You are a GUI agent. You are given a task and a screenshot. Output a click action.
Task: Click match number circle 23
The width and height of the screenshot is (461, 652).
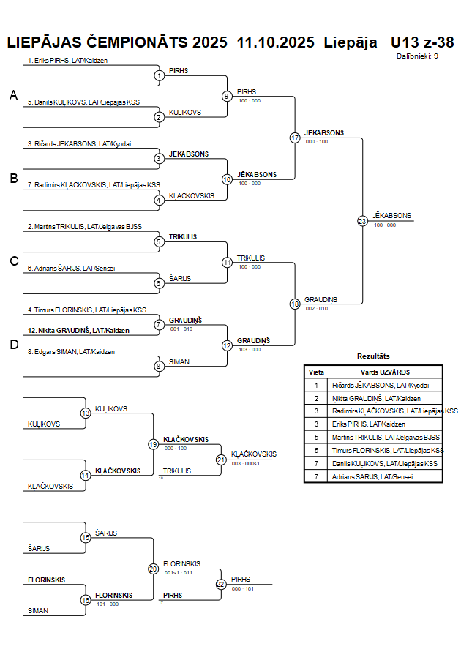click(x=361, y=220)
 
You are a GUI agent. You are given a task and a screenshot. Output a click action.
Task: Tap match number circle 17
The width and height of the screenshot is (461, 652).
click(x=295, y=138)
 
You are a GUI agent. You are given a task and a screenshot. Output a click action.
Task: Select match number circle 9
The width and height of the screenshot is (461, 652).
click(x=227, y=96)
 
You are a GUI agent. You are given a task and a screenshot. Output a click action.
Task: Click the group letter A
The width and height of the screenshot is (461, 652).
click(x=12, y=95)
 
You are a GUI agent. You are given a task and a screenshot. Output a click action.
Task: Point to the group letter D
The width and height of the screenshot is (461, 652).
click(x=12, y=345)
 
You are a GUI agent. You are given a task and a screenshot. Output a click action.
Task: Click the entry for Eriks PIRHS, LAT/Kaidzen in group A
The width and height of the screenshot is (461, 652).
click(x=67, y=61)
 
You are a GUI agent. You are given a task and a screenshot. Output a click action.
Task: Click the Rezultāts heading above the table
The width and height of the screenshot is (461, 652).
click(x=373, y=356)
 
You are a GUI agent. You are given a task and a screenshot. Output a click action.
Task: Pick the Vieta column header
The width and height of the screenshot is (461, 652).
click(x=316, y=372)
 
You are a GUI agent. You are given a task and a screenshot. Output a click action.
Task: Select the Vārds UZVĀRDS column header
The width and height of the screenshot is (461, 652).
click(x=385, y=372)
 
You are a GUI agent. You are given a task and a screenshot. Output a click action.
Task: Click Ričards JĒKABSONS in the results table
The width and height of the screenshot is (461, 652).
click(x=380, y=385)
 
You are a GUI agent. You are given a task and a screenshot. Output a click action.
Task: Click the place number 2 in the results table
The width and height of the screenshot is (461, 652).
click(x=316, y=398)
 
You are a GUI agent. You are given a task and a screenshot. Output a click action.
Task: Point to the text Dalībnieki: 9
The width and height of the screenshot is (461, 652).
click(x=418, y=56)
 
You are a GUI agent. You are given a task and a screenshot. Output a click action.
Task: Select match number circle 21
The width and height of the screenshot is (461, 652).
click(x=221, y=460)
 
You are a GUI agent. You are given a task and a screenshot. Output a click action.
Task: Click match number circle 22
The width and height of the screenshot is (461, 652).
click(x=221, y=584)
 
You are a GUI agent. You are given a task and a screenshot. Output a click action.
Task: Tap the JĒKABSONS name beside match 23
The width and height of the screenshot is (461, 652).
click(x=391, y=215)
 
